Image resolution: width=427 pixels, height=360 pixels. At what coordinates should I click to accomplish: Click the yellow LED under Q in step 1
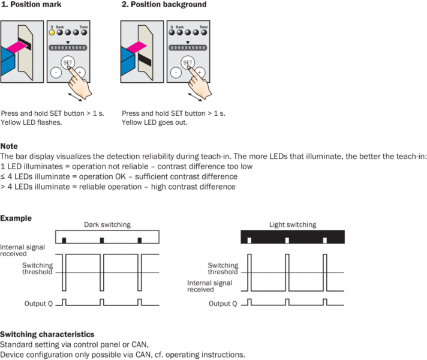click(x=52, y=34)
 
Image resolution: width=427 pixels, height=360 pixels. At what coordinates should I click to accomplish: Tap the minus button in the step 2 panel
click(x=175, y=72)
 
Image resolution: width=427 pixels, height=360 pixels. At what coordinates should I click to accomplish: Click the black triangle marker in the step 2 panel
click(x=188, y=42)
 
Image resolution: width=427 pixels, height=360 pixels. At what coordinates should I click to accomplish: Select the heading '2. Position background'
click(x=164, y=5)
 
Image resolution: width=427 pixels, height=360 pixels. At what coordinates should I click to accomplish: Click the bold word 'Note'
click(x=9, y=146)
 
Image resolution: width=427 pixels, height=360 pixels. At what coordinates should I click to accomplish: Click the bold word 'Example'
click(x=16, y=218)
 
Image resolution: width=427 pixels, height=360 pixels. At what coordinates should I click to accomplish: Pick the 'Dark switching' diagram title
click(x=107, y=224)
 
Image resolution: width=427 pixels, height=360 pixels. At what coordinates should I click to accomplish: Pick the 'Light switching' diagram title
click(x=292, y=224)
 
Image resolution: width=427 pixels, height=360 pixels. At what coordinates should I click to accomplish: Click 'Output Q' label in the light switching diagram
click(x=222, y=303)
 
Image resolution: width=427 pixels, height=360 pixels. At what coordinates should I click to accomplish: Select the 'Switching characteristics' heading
click(x=47, y=334)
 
